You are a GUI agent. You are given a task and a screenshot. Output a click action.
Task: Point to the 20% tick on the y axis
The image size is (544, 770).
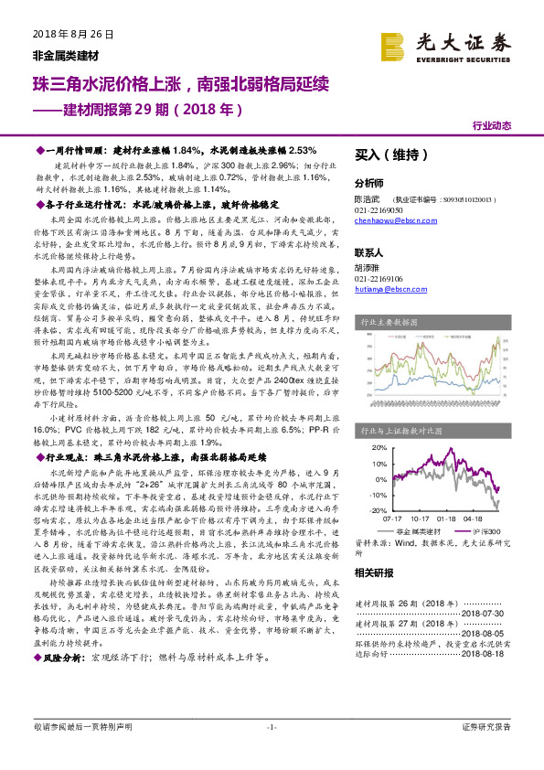click(378, 449)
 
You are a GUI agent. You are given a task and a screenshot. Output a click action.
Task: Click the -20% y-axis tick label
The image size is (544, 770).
click(376, 510)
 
